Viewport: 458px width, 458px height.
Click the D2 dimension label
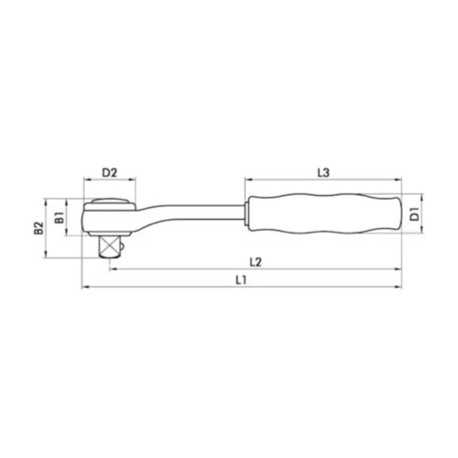point(109,171)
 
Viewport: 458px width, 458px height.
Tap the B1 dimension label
point(59,217)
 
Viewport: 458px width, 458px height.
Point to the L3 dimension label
point(323,171)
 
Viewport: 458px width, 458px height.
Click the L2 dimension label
point(256,263)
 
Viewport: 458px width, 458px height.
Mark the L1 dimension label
point(240,280)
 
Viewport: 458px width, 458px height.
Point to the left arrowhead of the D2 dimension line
point(84,180)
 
